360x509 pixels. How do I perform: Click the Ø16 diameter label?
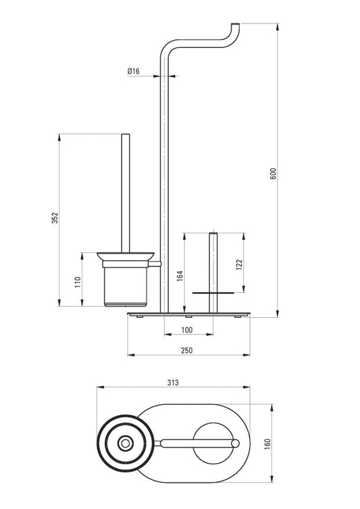click(132, 71)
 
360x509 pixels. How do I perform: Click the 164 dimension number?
click(180, 277)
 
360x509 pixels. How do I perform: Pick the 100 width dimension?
click(187, 330)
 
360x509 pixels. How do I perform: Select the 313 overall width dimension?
click(173, 382)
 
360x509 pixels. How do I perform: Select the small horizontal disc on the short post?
click(213, 293)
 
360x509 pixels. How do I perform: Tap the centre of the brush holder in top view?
click(125, 443)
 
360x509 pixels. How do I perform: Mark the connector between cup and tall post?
click(155, 262)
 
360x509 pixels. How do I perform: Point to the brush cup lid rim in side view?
click(126, 256)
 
